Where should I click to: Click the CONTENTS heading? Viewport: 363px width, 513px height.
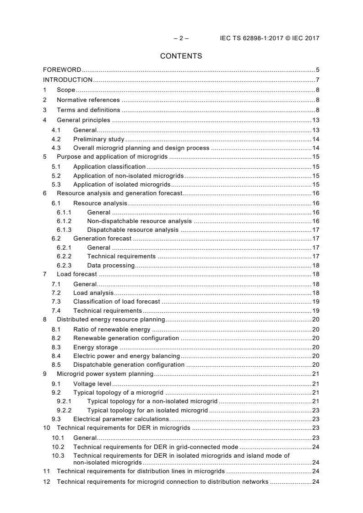(181, 56)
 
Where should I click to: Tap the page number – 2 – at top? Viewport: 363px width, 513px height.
(181, 38)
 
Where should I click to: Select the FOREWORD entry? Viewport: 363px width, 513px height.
(62, 70)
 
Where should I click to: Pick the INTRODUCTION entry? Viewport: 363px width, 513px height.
(68, 80)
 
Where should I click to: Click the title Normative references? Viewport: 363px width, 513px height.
(88, 100)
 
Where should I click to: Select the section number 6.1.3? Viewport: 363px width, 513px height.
(64, 230)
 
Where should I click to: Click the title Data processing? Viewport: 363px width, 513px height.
(111, 266)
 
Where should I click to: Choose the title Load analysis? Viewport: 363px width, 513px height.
(93, 293)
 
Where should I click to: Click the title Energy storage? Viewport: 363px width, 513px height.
(95, 347)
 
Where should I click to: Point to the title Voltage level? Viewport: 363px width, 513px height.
(92, 383)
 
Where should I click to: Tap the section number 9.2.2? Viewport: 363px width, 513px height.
(64, 410)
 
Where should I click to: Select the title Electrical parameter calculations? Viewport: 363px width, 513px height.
(121, 419)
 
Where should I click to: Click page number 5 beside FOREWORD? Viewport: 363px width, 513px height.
(317, 70)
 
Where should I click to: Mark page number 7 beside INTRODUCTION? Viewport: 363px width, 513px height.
(317, 80)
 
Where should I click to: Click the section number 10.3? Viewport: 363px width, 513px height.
(58, 455)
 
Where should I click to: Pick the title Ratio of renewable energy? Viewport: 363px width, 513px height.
(112, 329)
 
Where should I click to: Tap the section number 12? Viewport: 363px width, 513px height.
(46, 481)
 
